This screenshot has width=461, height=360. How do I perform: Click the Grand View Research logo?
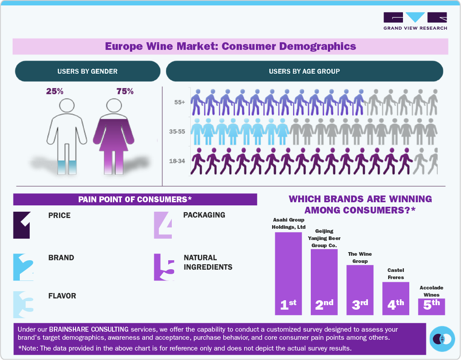pyautogui.click(x=415, y=21)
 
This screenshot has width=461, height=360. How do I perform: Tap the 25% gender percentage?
pyautogui.click(x=55, y=91)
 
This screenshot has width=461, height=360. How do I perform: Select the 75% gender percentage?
pyautogui.click(x=125, y=91)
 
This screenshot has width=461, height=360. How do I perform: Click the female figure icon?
pyautogui.click(x=114, y=135)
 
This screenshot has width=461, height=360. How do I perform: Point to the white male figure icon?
pyautogui.click(x=67, y=135)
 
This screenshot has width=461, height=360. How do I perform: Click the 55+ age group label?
pyautogui.click(x=180, y=102)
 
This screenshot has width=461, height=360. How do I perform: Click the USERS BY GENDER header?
pyautogui.click(x=87, y=71)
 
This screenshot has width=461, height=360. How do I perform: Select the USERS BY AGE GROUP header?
pyautogui.click(x=304, y=71)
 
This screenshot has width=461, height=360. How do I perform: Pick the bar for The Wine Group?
pyautogui.click(x=360, y=290)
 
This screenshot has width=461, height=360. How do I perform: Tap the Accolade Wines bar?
pyautogui.click(x=431, y=307)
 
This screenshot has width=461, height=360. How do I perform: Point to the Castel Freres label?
pyautogui.click(x=396, y=274)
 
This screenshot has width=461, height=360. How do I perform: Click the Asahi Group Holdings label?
pyautogui.click(x=288, y=223)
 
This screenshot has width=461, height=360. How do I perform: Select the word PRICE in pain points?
pyautogui.click(x=59, y=215)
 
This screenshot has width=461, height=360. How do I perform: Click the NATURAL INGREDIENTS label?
pyautogui.click(x=208, y=262)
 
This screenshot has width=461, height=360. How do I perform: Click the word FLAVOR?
pyautogui.click(x=62, y=296)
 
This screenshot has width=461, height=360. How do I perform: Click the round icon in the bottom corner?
pyautogui.click(x=443, y=338)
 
